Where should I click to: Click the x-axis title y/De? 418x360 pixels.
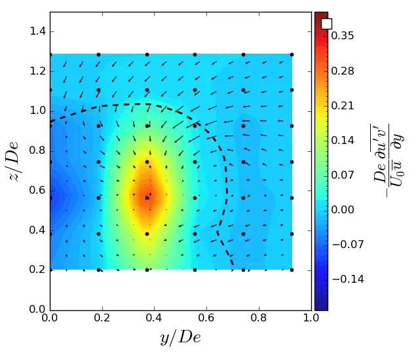pyautogui.click(x=180, y=338)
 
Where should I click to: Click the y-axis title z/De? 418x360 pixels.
pyautogui.click(x=16, y=160)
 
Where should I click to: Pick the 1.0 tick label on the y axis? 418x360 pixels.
pyautogui.click(x=37, y=111)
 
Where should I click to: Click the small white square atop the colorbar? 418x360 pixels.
pyautogui.click(x=326, y=24)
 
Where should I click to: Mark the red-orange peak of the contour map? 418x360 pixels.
pyautogui.click(x=149, y=195)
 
